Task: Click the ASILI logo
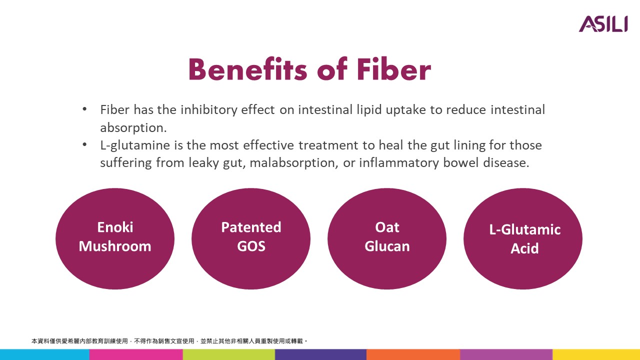tap(603, 23)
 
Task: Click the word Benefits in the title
tap(247, 69)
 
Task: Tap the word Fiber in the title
tap(393, 69)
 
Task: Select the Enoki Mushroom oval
tap(115, 238)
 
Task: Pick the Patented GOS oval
tap(251, 238)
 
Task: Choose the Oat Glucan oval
tap(387, 238)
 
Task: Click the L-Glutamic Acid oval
tap(523, 238)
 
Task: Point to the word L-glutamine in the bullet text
tap(135, 145)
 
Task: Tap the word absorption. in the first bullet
tap(133, 128)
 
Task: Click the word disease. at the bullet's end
tap(506, 162)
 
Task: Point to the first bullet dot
tap(84, 109)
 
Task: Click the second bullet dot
tap(84, 144)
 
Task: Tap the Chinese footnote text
tap(169, 341)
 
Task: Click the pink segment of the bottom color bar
tap(136, 354)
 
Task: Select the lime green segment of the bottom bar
tap(229, 354)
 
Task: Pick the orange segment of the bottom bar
tap(413, 354)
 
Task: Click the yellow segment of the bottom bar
tap(596, 354)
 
